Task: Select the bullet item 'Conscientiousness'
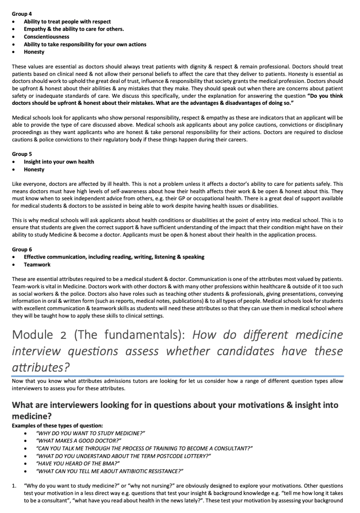46,37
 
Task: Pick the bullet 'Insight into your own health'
59,162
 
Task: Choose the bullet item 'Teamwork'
37,265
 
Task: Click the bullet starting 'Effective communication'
114,257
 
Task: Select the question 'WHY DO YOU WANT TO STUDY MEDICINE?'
91,433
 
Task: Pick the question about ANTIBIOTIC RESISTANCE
110,471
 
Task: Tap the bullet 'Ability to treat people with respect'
67,21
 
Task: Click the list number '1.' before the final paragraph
14,486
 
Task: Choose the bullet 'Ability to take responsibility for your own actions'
85,44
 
